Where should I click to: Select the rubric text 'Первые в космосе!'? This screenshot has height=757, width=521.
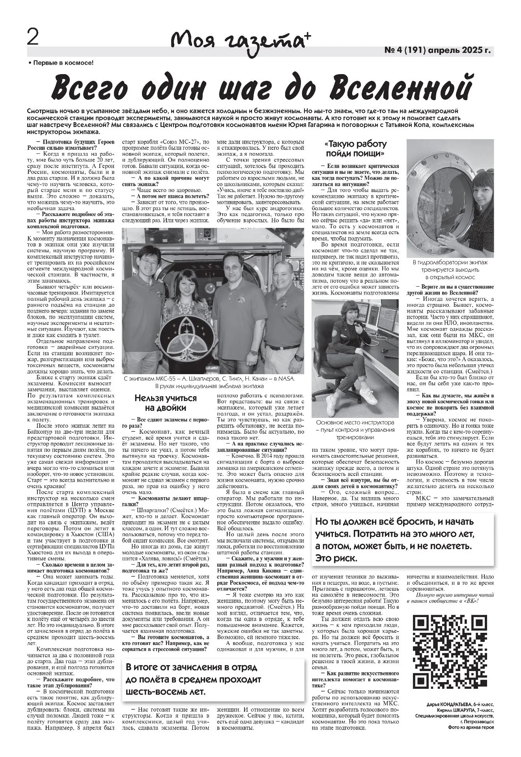[63, 62]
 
